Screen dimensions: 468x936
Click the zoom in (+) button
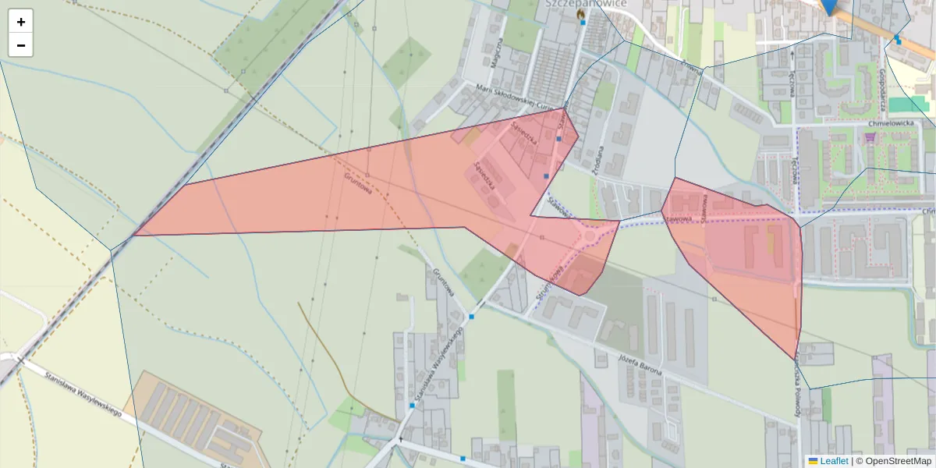pos(21,22)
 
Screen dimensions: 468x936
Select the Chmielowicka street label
pos(889,123)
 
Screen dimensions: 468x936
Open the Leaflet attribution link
pos(834,461)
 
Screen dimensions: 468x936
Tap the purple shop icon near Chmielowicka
pos(870,138)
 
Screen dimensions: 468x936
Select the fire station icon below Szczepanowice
pos(580,13)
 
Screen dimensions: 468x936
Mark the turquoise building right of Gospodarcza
pos(905,104)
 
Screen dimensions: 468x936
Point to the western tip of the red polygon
pos(135,234)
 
